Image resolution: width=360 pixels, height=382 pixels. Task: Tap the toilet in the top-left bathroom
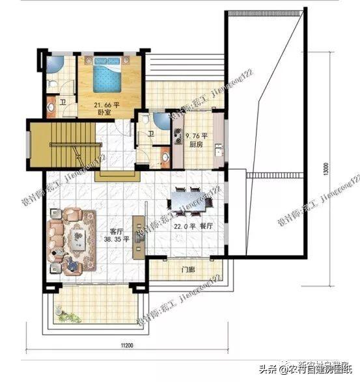[51, 83]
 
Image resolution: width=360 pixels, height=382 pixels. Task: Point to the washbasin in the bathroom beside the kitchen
[165, 156]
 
